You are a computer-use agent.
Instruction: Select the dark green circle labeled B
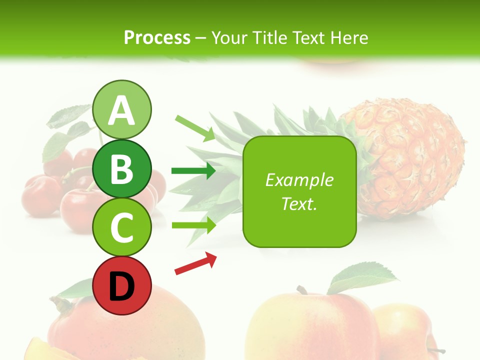[122, 169]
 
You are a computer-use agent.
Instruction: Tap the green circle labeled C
[122, 227]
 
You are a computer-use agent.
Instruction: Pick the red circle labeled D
[122, 286]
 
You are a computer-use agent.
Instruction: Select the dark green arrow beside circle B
[193, 171]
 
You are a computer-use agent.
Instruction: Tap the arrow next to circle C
[193, 225]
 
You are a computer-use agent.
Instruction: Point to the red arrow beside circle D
[195, 263]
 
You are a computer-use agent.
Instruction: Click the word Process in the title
[157, 37]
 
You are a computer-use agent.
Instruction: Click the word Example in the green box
[299, 180]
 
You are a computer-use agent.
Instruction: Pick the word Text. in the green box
[299, 203]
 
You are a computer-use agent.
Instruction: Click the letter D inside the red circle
[122, 287]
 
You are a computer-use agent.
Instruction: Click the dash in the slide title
[200, 38]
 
